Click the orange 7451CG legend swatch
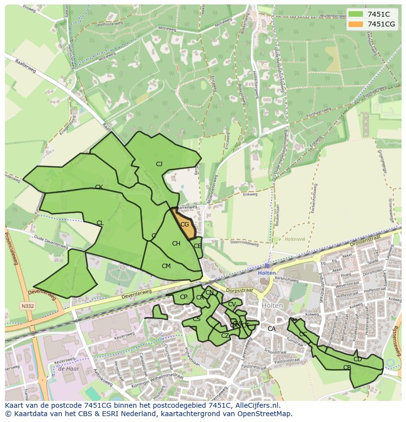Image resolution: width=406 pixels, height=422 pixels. pos(356,24)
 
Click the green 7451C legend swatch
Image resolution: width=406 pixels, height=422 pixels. pos(356,14)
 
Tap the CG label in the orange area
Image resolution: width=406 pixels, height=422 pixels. pos(184,224)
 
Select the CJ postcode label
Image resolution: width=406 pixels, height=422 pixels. pos(159,164)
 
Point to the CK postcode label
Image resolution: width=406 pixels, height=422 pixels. pos(99,187)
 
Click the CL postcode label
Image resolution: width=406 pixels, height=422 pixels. pos(100,223)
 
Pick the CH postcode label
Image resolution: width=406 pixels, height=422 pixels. pos(176,244)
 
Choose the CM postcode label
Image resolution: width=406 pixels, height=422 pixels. pos(166,266)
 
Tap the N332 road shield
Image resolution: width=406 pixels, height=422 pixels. pos(28,306)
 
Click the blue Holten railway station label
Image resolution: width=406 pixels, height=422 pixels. pos(267,273)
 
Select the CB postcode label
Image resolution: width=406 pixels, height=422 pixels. pos(347,368)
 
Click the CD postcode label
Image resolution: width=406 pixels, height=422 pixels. pos(357,359)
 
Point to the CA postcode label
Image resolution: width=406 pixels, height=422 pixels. pos(271,329)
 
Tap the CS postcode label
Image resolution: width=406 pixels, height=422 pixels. pos(196,320)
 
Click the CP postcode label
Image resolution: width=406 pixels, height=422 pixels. pos(183,297)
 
